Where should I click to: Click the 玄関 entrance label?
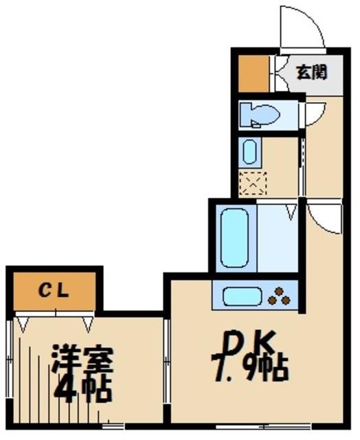[311, 71]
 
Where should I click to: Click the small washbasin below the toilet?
[249, 151]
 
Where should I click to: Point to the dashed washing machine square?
[251, 182]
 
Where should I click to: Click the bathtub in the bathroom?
[232, 238]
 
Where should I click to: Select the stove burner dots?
[280, 296]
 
